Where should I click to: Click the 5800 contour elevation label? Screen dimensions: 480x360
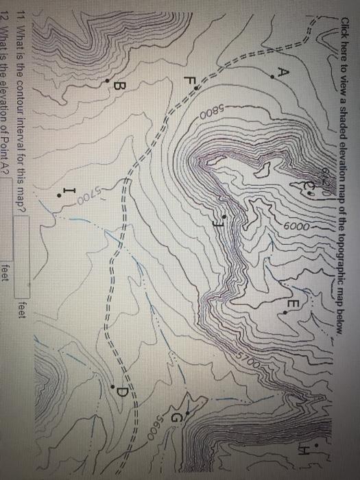209,114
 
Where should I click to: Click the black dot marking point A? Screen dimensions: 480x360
273,77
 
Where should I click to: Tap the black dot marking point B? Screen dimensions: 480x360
108,82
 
